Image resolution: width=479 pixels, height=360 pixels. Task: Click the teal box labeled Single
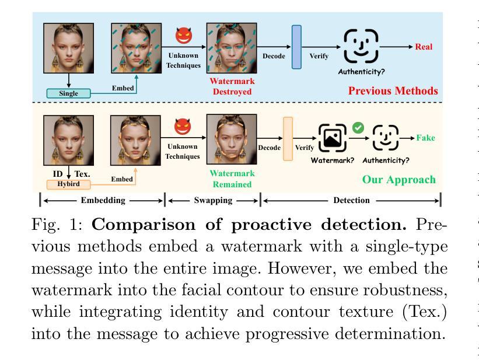(x=68, y=93)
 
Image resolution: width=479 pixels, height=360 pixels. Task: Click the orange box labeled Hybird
(x=68, y=184)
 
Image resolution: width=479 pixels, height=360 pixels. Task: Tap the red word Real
(x=424, y=47)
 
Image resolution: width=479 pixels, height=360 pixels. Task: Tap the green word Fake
(x=425, y=138)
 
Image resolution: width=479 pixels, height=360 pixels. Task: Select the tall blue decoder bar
(x=296, y=47)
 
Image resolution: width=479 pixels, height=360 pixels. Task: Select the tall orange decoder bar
(x=288, y=139)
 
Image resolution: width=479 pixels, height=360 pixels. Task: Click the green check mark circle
(x=358, y=128)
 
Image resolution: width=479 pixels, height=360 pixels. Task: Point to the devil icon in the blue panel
(x=184, y=36)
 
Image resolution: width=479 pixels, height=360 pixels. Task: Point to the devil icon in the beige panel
(x=183, y=127)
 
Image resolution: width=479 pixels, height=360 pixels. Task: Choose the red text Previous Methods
(x=393, y=91)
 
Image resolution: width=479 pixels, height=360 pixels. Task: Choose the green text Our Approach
(x=399, y=180)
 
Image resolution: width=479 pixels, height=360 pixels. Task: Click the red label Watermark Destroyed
(x=232, y=86)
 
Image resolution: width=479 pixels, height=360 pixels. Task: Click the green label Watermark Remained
(x=232, y=179)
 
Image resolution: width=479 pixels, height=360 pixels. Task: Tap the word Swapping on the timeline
(x=213, y=201)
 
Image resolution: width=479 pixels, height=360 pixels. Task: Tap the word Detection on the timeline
(x=351, y=201)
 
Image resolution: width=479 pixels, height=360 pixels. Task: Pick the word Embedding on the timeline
(x=103, y=201)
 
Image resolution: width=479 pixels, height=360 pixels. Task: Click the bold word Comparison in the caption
(x=144, y=225)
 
